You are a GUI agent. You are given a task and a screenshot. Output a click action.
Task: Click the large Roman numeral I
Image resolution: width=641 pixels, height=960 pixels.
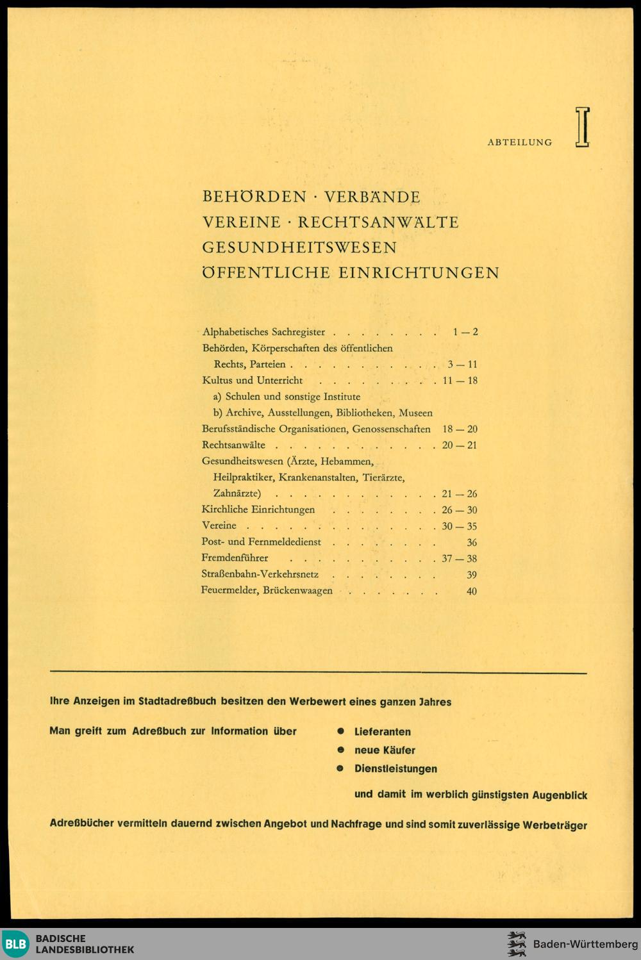582,128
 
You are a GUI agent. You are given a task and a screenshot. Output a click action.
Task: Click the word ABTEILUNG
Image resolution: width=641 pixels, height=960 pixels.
519,142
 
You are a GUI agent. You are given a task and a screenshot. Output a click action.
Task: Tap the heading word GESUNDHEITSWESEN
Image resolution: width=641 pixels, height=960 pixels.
299,247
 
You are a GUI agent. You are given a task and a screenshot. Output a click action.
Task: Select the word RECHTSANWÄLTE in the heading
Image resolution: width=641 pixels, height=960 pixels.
378,222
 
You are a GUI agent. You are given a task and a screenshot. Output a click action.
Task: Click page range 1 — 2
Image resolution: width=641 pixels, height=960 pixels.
465,332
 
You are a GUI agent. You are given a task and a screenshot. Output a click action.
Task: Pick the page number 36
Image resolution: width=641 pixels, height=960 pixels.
472,542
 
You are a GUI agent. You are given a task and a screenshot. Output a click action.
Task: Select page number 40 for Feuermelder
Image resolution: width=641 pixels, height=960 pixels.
471,591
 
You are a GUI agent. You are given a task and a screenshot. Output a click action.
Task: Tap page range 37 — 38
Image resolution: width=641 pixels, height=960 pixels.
459,559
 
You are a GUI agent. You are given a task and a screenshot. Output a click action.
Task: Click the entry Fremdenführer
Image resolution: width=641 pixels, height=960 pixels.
235,558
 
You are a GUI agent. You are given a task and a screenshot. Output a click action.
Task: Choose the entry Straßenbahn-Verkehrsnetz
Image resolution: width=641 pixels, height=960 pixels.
260,574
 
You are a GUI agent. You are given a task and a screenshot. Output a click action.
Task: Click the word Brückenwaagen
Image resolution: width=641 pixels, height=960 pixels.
297,591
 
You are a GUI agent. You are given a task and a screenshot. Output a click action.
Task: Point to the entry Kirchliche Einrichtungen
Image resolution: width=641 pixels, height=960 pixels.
258,509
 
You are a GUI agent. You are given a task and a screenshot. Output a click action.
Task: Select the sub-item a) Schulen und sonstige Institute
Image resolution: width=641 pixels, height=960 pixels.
287,397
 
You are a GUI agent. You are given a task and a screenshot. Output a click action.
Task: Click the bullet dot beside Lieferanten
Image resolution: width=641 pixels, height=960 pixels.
341,731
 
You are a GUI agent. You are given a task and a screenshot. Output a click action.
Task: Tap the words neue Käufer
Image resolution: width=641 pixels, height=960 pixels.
385,750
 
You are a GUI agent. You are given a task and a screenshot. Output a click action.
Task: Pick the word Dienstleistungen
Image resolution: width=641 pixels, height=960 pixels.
395,768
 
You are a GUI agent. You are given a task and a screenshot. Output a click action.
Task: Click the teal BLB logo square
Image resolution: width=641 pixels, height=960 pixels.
15,944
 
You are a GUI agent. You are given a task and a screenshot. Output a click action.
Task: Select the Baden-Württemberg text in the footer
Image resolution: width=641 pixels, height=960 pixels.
585,944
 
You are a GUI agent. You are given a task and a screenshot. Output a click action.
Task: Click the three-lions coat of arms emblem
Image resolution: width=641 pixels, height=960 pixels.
516,944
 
